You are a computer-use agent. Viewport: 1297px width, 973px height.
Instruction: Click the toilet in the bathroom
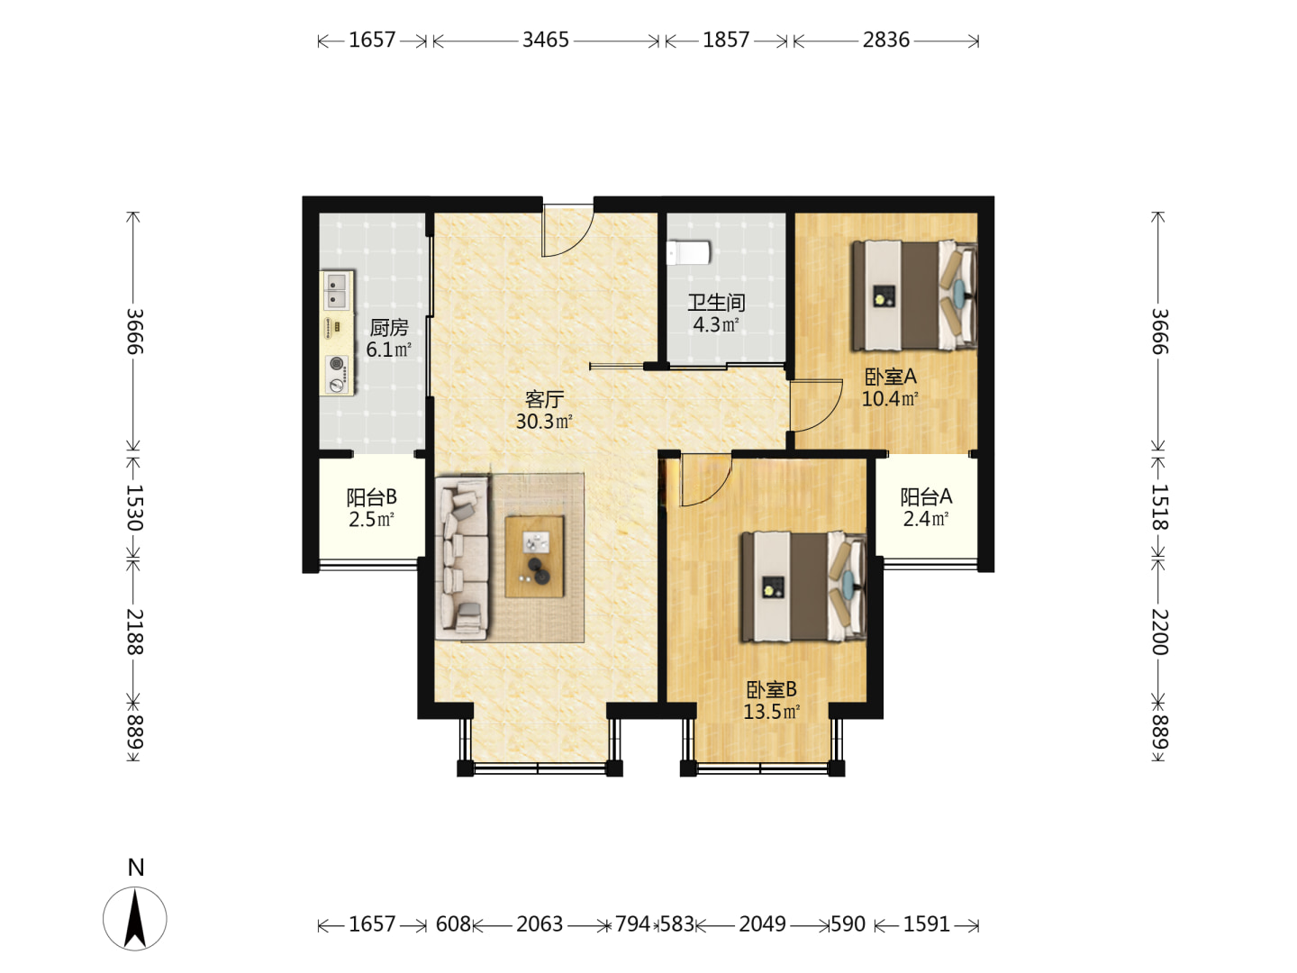(688, 252)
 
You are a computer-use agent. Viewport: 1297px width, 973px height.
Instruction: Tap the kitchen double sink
(336, 291)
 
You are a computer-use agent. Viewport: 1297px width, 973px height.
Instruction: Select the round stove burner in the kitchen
(337, 363)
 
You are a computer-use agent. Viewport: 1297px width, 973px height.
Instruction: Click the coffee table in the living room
(534, 557)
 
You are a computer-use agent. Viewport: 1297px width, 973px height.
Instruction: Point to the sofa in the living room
(462, 559)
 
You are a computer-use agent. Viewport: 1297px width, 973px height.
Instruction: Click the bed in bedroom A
(913, 295)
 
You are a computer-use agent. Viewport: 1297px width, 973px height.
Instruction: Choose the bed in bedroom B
(803, 587)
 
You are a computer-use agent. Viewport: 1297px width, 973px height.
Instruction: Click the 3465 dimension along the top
(546, 41)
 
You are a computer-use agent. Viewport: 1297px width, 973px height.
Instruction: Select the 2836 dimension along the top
(885, 41)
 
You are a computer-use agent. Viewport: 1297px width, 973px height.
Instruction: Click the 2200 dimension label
(1159, 632)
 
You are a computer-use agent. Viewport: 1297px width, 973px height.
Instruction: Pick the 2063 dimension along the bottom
(540, 924)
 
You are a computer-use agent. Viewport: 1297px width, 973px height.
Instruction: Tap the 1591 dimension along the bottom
(926, 924)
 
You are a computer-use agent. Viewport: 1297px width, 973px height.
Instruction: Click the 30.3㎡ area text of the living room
(544, 422)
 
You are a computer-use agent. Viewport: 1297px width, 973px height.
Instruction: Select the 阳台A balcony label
(926, 496)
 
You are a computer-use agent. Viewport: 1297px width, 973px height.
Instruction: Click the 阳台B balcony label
(371, 497)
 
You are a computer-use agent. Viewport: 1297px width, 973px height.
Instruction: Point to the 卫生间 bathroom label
(716, 303)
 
